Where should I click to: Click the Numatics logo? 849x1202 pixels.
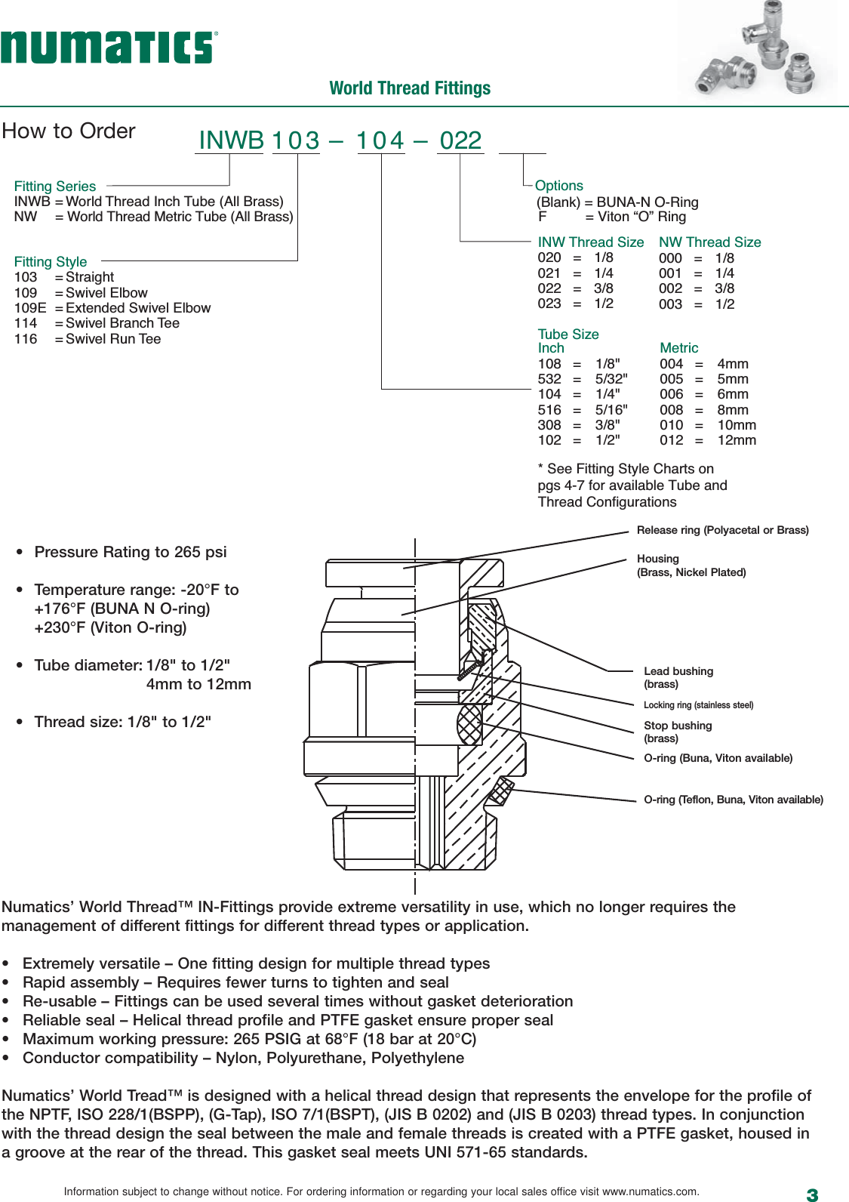pos(109,48)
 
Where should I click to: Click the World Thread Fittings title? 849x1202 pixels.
pos(410,88)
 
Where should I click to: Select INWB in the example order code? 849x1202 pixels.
pos(231,140)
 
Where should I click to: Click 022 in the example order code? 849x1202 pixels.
pos(460,140)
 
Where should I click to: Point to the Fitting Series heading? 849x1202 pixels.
pos(55,186)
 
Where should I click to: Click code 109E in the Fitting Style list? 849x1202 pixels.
pos(30,308)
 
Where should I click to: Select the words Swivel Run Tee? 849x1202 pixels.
pos(113,339)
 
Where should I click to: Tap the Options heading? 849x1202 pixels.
pos(558,186)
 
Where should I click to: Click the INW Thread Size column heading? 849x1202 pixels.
pos(590,242)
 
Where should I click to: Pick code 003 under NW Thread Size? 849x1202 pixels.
pos(670,304)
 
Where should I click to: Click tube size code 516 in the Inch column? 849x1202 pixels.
pos(549,410)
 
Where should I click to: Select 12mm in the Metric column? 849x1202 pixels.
pos(736,440)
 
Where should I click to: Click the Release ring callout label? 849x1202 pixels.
pos(722,530)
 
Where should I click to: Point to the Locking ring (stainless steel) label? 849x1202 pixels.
pos(698,705)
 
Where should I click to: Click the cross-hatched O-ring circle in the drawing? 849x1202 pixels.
pos(469,724)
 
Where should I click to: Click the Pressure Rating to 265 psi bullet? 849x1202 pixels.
pos(130,552)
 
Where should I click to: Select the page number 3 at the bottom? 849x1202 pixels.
pos(812,1194)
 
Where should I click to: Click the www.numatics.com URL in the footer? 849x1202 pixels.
pos(650,1191)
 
